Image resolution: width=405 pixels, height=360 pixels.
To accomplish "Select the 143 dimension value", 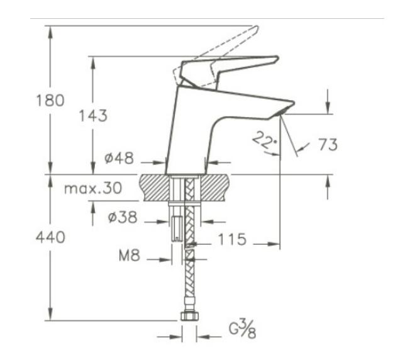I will click(x=93, y=116).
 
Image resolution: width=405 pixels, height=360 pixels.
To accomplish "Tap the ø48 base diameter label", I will click(x=119, y=159).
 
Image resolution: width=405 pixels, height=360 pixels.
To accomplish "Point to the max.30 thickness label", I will click(x=92, y=187).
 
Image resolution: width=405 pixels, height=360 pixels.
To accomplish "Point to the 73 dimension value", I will click(x=327, y=145).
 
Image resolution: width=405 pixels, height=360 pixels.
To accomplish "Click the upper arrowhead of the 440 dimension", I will click(x=49, y=180).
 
